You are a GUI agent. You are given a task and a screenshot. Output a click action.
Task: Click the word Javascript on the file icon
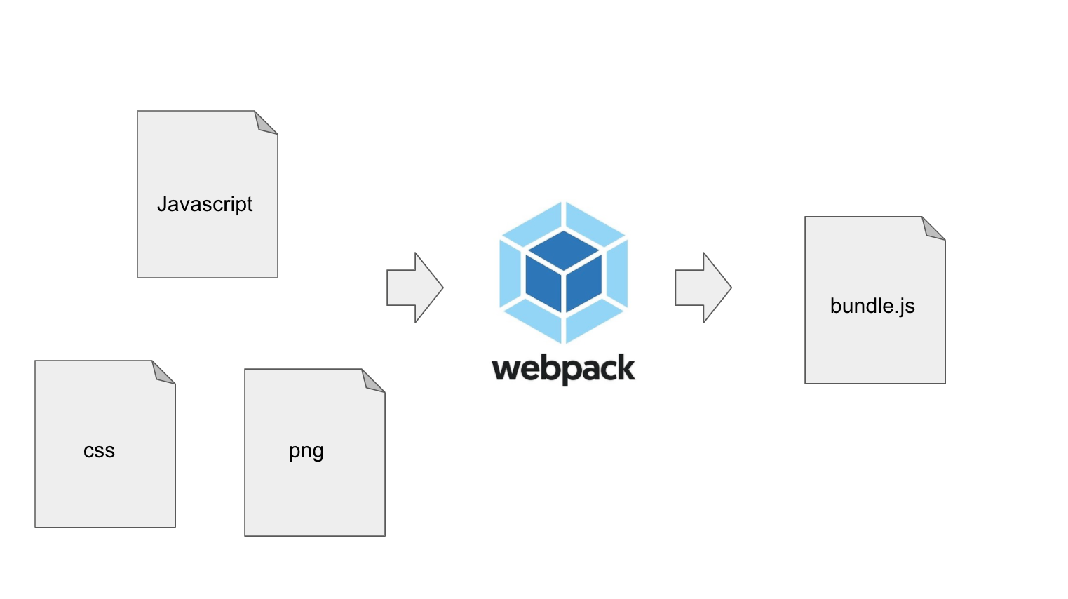point(205,204)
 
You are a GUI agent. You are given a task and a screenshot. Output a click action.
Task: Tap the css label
point(99,451)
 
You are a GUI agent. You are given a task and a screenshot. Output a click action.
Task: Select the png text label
point(306,451)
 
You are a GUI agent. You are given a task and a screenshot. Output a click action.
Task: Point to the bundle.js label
point(872,306)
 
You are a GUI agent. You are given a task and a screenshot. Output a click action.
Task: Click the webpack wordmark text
point(563,368)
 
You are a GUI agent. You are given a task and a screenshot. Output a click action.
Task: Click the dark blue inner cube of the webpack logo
point(563,271)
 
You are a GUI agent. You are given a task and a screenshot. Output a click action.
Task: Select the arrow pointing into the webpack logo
point(414,288)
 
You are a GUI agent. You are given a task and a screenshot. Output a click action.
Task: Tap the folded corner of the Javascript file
point(265,123)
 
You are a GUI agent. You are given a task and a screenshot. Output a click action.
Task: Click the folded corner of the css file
point(163,373)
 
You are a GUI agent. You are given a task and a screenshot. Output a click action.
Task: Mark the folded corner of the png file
point(372,382)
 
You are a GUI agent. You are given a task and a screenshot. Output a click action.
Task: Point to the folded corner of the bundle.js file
point(933,229)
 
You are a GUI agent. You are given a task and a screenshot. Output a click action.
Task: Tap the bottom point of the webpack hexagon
point(563,342)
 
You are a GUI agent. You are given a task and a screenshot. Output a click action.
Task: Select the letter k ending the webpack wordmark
point(626,368)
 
